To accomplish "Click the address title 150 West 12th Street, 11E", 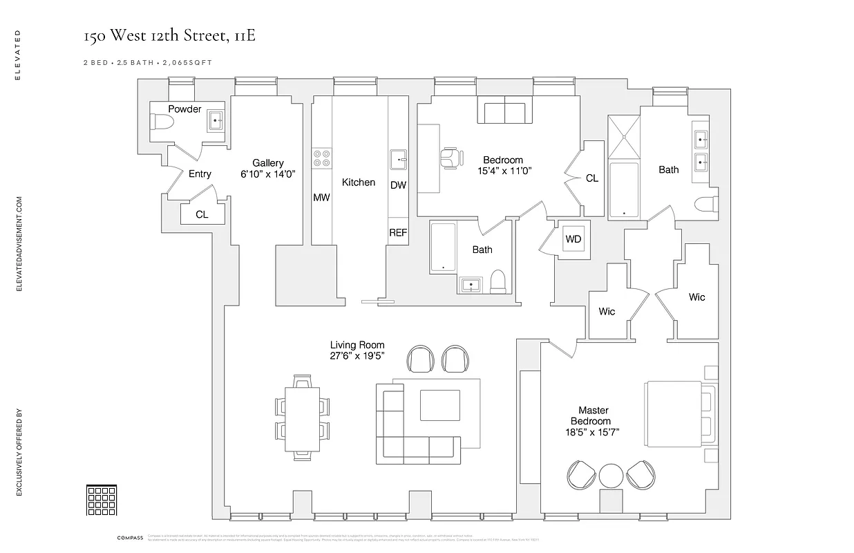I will point(169,36).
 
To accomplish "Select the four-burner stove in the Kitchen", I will point(321,158).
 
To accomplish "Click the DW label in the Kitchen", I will point(398,185).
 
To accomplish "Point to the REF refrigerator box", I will point(398,233).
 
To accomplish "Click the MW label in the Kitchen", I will point(321,198).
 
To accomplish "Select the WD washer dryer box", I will point(573,239).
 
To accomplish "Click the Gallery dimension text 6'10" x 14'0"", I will point(268,174).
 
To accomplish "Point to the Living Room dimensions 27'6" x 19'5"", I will point(357,355).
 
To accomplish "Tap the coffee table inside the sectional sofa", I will point(439,405).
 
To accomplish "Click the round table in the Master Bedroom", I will point(611,476).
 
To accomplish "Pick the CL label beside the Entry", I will point(202,215).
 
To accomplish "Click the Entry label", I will point(200,174).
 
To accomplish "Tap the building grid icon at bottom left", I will point(100,499).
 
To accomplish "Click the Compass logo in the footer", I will point(129,538).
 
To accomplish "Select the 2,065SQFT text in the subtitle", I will point(187,62).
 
